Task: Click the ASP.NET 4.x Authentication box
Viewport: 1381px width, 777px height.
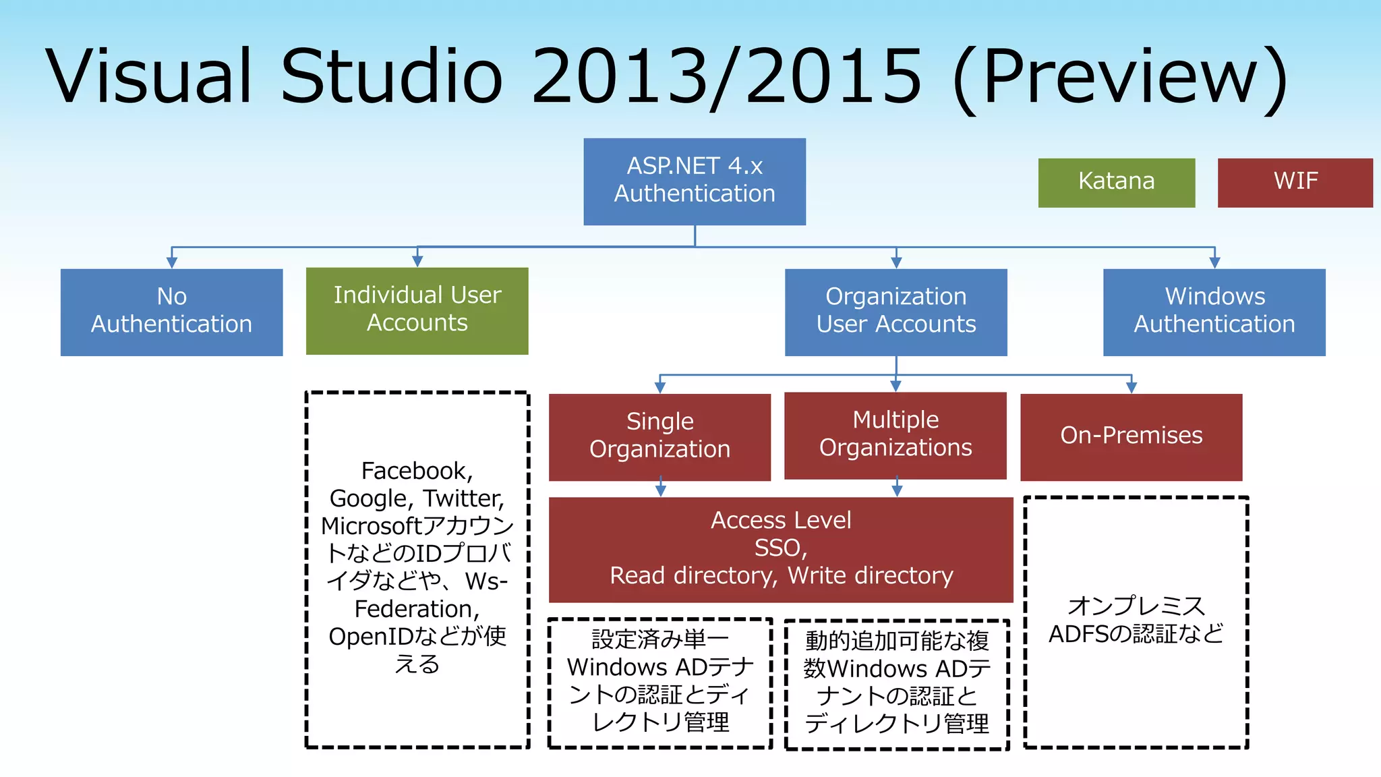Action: coord(695,181)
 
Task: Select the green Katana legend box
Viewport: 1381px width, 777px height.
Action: coord(1116,183)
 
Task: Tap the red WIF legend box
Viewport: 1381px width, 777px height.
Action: coord(1295,183)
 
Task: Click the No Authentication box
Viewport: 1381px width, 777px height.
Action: coord(171,312)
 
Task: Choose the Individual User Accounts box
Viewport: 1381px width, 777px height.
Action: coord(417,310)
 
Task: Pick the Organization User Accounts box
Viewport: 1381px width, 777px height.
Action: coord(895,312)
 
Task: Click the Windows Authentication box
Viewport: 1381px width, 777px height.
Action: coord(1214,312)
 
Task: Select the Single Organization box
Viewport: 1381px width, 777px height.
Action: coord(659,436)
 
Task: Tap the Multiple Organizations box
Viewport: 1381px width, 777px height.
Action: coord(895,435)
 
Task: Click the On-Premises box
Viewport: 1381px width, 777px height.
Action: coord(1131,436)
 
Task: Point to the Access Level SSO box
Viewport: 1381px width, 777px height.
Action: coord(781,549)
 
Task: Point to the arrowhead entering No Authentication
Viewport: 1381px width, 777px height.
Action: coord(172,262)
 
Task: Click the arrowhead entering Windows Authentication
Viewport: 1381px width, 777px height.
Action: coord(1214,262)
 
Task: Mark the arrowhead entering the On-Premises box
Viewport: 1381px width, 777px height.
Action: coord(1132,387)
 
